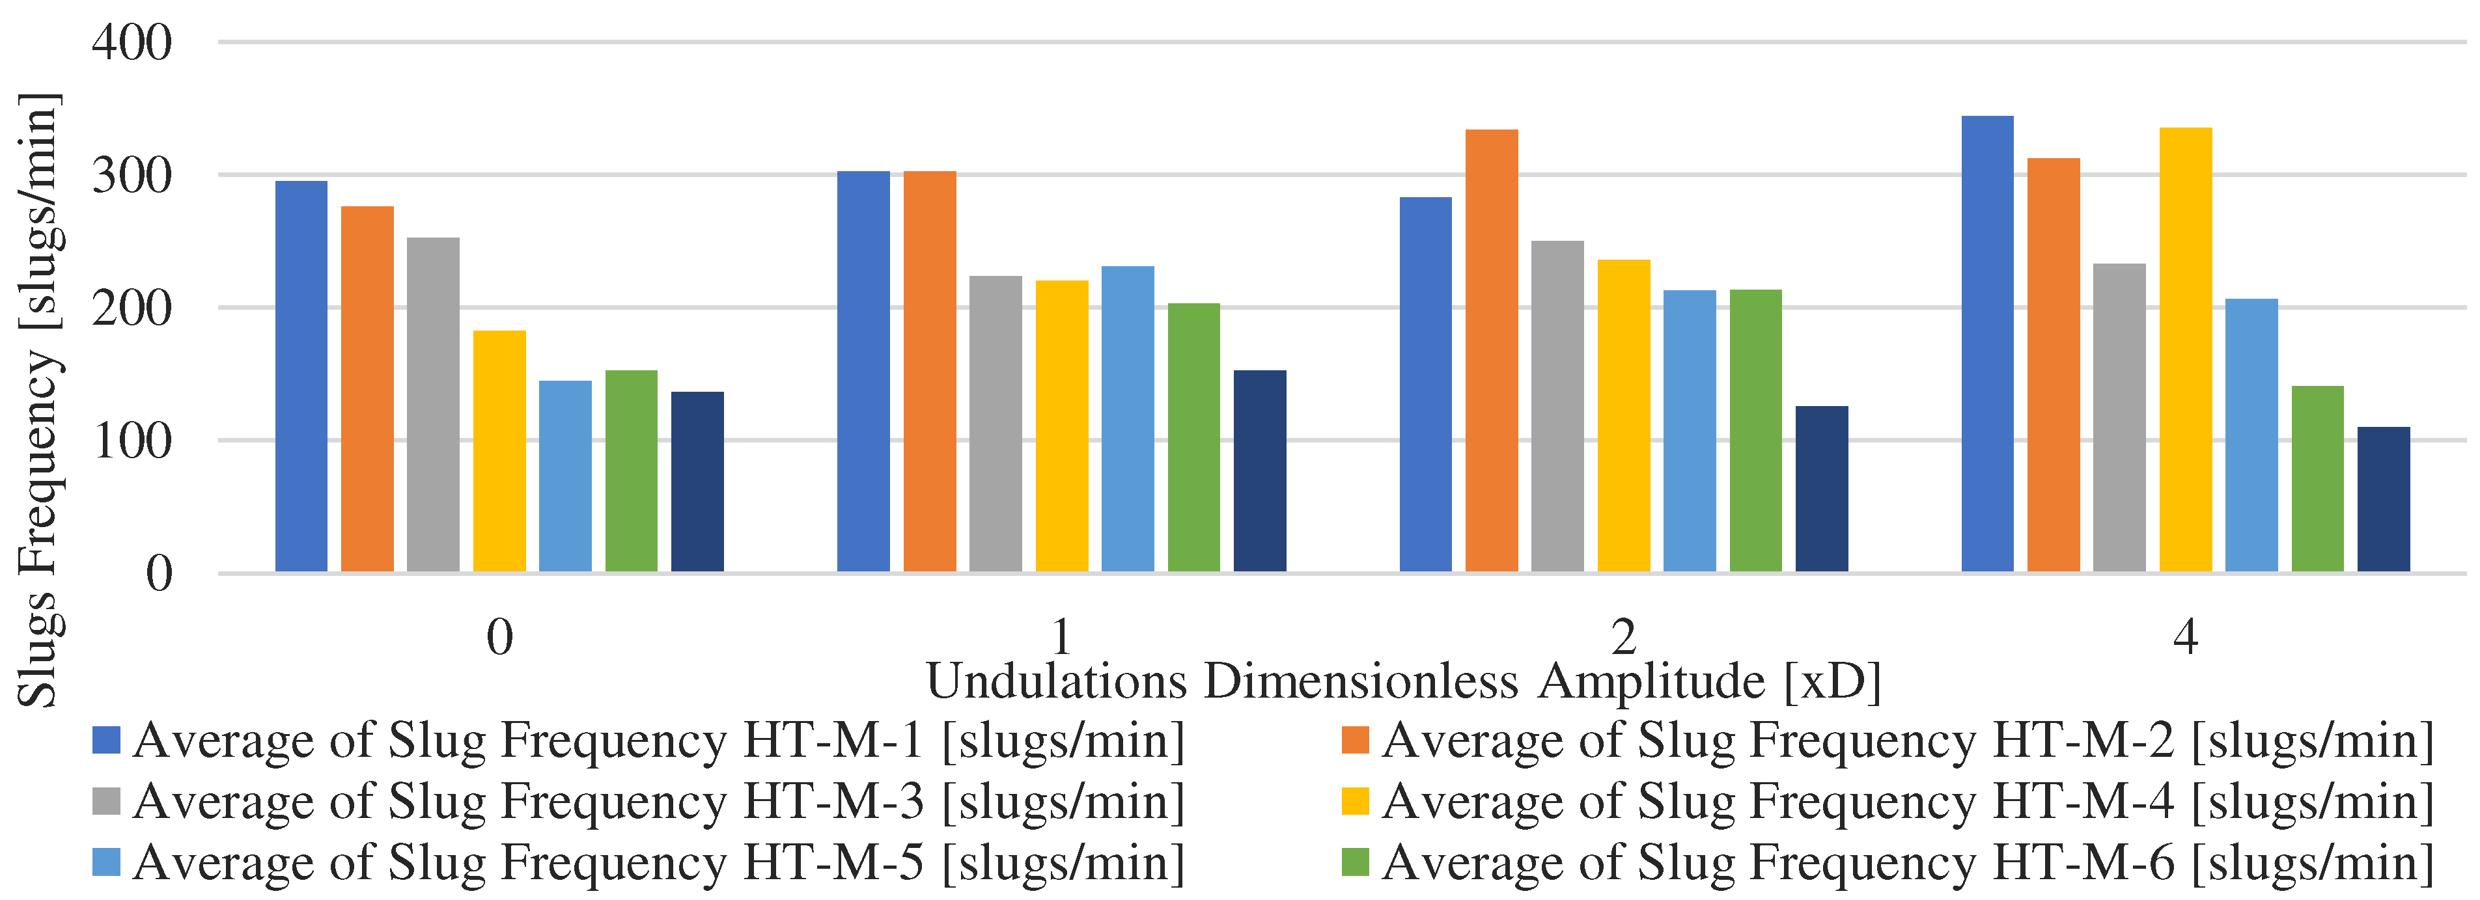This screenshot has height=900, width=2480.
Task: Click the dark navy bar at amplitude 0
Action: (x=697, y=482)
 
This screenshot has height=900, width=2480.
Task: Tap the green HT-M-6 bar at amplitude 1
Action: (x=1194, y=437)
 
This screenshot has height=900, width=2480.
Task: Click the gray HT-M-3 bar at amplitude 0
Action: (x=433, y=404)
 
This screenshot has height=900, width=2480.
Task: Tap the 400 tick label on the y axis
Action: (x=132, y=44)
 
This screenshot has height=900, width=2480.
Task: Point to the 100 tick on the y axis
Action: (x=132, y=442)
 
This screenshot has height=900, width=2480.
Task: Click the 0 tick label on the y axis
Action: (x=159, y=574)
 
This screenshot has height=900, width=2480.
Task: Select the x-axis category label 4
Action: (x=2186, y=637)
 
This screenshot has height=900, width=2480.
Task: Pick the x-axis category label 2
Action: (x=1623, y=637)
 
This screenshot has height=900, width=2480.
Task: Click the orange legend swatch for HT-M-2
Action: (x=1354, y=740)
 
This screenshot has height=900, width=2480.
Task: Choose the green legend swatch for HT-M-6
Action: (x=1354, y=862)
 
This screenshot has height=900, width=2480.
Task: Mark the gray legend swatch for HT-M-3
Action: (x=106, y=801)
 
